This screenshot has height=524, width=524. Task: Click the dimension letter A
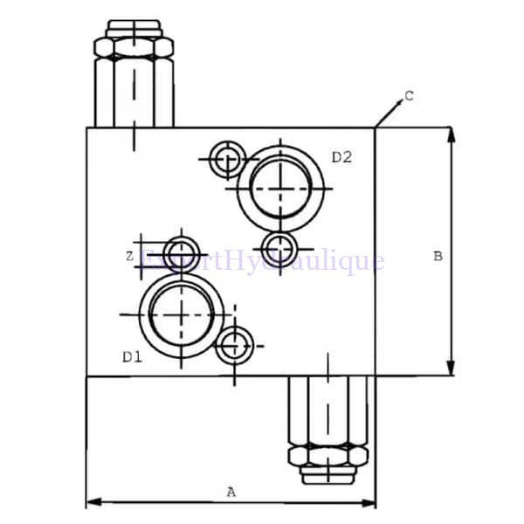pos(231,492)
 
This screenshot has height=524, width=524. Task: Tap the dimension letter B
pos(438,256)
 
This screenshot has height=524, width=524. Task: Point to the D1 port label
pos(132,356)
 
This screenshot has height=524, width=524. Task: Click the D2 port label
pos(341,157)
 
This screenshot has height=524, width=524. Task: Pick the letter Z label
pos(129,256)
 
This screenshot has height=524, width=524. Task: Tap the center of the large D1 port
pos(182,312)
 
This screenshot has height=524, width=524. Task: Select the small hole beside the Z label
pos(182,249)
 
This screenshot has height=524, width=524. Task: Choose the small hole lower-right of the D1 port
pos(233,347)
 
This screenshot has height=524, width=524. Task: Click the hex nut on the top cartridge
pos(134,46)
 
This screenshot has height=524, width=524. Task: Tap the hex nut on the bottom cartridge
pos(327,456)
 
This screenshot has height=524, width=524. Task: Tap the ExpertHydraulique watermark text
pos(262,260)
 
